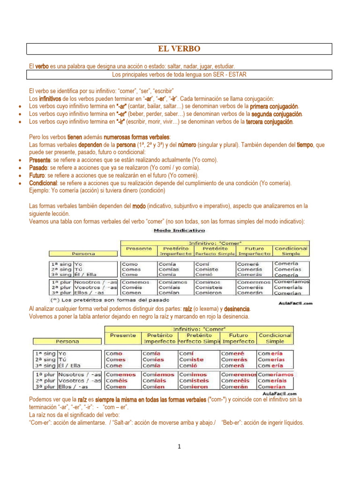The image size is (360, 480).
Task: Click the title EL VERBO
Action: pos(179,49)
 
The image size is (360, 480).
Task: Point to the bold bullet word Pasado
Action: pos(38,167)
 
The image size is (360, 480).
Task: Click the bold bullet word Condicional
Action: pos(43,183)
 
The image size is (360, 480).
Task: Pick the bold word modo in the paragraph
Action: pos(139,206)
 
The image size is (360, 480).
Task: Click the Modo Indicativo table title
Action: pos(180,231)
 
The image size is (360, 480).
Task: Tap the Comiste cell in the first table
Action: pos(206,270)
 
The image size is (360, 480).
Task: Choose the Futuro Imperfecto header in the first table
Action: pos(254,251)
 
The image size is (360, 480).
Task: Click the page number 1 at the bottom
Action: pos(179,447)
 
